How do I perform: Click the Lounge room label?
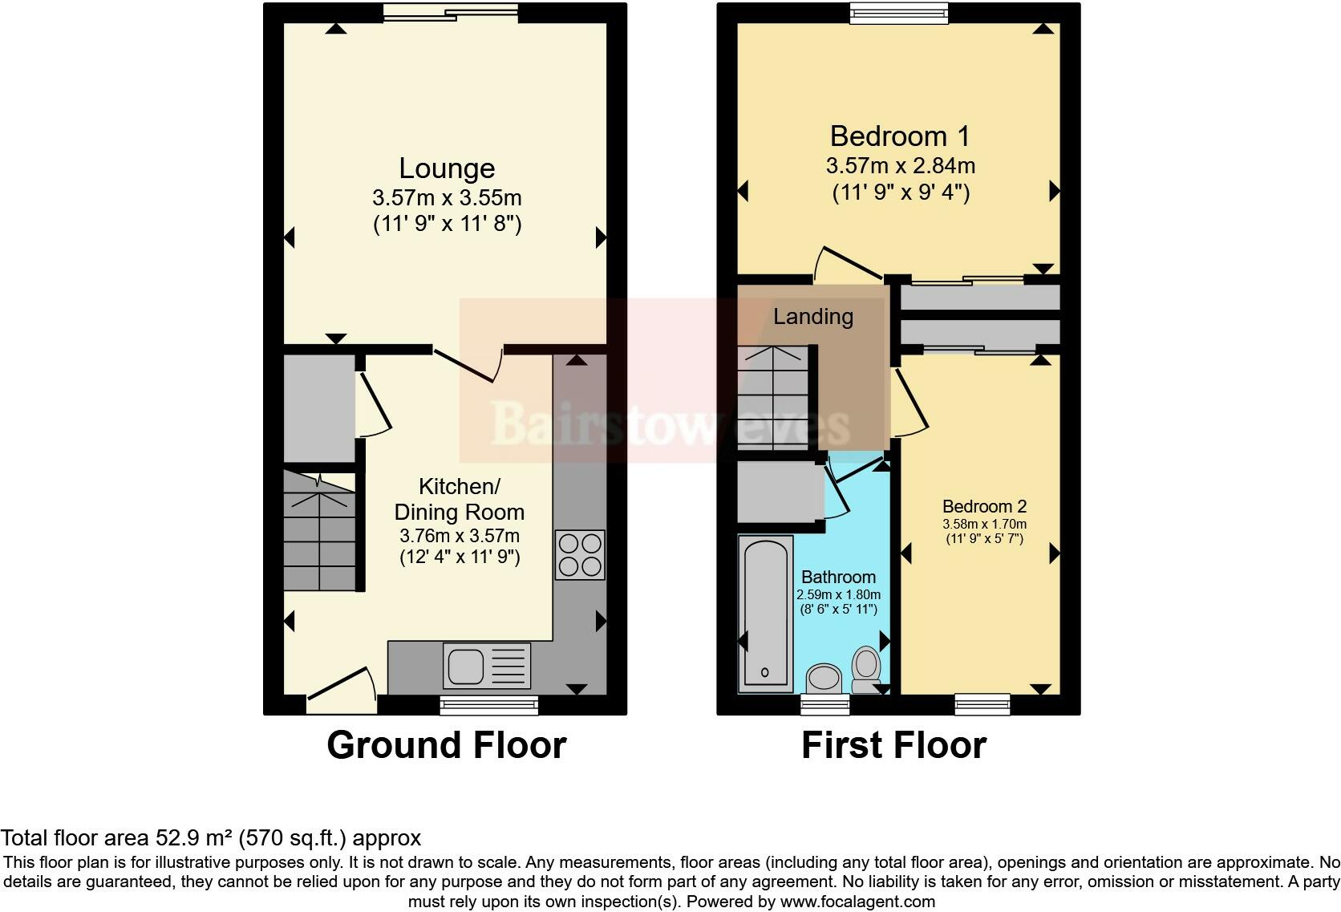pos(447,168)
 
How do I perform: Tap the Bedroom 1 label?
pos(899,136)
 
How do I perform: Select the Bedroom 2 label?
pos(984,507)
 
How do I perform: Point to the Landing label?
pos(813,317)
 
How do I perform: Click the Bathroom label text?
pos(838,577)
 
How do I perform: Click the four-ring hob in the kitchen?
pos(580,554)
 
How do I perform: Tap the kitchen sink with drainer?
pos(487,665)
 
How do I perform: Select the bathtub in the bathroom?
pos(766,614)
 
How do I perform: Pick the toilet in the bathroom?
pos(865,670)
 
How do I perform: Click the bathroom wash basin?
pos(824,679)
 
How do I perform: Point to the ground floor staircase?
pos(320,532)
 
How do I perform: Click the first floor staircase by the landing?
pos(773,398)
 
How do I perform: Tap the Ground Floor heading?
pos(447,745)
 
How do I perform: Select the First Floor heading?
pos(893,745)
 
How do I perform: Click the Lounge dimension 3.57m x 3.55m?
pos(447,197)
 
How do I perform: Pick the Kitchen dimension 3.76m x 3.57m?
pos(460,536)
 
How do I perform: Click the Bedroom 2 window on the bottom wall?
pos(982,704)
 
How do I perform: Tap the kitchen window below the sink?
pos(489,705)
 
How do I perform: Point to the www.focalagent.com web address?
pos(857,902)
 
